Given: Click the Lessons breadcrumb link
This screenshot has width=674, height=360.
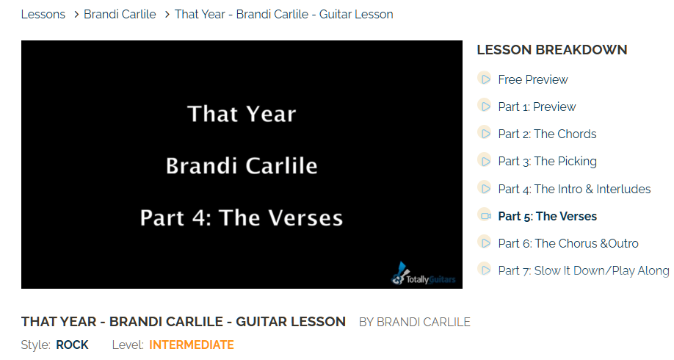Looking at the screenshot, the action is pyautogui.click(x=43, y=14).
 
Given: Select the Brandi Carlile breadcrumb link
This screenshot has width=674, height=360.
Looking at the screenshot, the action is pyautogui.click(x=120, y=14).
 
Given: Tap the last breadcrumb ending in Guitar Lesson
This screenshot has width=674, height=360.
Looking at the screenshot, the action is pyautogui.click(x=283, y=14).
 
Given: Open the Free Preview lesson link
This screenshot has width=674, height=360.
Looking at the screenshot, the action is pyautogui.click(x=533, y=79).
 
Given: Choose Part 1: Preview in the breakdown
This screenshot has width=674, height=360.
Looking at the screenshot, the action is pyautogui.click(x=537, y=107).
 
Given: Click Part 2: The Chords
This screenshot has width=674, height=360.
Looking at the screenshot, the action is pyautogui.click(x=547, y=134).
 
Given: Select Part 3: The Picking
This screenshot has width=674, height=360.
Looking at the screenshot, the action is pyautogui.click(x=547, y=162).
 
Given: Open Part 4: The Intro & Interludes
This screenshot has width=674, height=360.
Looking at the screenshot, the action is pyautogui.click(x=574, y=189).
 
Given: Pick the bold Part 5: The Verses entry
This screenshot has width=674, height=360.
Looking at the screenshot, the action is pyautogui.click(x=547, y=216).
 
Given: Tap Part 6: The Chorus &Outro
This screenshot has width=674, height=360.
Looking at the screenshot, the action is pyautogui.click(x=568, y=243).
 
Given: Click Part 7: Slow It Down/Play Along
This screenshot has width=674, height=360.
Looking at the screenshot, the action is pyautogui.click(x=584, y=270).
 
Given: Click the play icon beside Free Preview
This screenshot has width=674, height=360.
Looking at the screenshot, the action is pyautogui.click(x=485, y=79).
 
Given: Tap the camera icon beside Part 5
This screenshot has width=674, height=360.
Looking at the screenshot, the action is pyautogui.click(x=485, y=215).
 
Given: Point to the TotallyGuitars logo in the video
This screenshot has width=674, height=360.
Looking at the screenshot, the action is pyautogui.click(x=424, y=274).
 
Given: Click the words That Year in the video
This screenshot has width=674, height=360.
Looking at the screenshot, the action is pyautogui.click(x=242, y=114).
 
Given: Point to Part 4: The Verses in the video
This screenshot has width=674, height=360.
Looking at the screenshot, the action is pyautogui.click(x=242, y=217).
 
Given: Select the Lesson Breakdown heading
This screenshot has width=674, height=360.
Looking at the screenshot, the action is pyautogui.click(x=552, y=50).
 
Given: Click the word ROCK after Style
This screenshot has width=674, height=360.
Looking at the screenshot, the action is pyautogui.click(x=72, y=345).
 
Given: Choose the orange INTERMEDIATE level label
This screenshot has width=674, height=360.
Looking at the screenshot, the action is pyautogui.click(x=192, y=345).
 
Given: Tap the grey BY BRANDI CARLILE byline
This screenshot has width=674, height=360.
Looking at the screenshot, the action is pyautogui.click(x=415, y=322).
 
